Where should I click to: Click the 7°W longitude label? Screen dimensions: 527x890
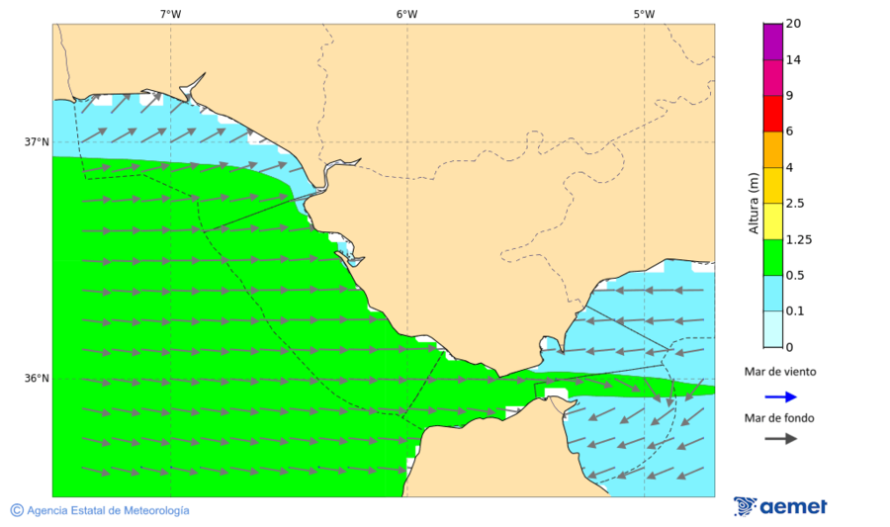[x=170, y=14]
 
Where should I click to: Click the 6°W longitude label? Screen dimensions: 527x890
[x=406, y=14]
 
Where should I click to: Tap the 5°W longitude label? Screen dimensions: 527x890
[x=644, y=14]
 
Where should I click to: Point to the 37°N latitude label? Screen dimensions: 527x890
[x=37, y=141]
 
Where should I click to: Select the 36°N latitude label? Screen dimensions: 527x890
[x=37, y=379]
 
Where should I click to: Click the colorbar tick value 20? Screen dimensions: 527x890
[x=793, y=24]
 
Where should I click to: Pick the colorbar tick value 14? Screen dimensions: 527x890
[x=793, y=59]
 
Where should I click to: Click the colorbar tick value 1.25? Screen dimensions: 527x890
[x=798, y=239]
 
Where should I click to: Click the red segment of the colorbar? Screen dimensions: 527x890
[x=772, y=113]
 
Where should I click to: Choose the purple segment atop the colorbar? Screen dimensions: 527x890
[x=772, y=41]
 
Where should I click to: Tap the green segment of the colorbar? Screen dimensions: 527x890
[x=772, y=257]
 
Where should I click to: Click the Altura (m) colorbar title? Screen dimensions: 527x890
[x=754, y=203]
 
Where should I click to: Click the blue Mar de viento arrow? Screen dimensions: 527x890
[x=780, y=396]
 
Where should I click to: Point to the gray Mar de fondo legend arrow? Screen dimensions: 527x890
[x=780, y=438]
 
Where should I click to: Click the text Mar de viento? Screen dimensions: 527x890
[x=780, y=372]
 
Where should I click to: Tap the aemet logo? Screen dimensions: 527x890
[x=780, y=506]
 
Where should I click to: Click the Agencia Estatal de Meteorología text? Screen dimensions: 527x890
[x=108, y=510]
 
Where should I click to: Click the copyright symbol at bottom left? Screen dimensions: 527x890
[x=17, y=510]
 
